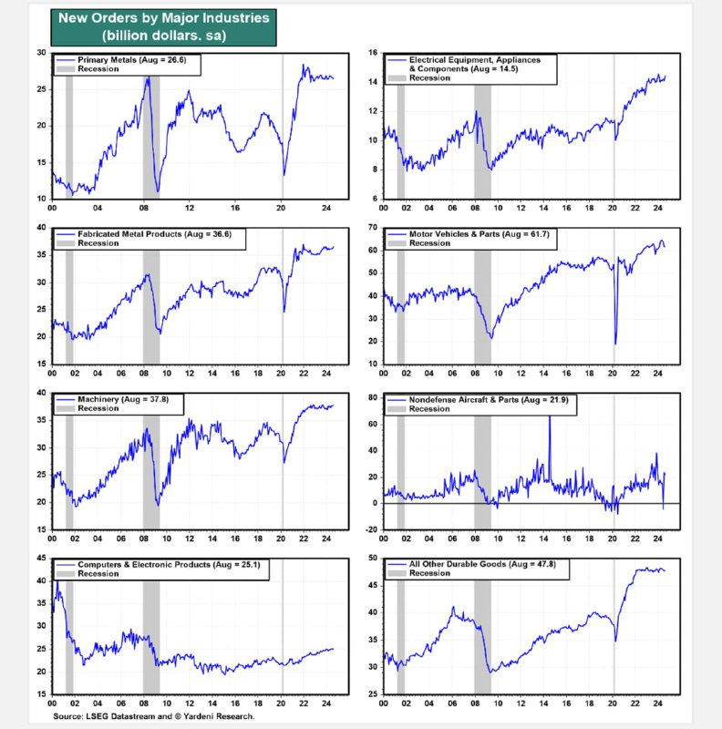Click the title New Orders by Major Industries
click(x=164, y=17)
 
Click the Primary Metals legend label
click(x=131, y=60)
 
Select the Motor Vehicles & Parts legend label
click(x=479, y=234)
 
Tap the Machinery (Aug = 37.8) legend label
click(x=123, y=399)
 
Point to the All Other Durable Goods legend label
click(x=482, y=564)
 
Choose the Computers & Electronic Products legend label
click(x=169, y=565)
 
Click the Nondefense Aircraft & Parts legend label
click(x=489, y=400)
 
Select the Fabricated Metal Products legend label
click(x=154, y=234)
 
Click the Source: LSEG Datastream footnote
click(x=153, y=716)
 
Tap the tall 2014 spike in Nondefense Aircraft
click(x=550, y=416)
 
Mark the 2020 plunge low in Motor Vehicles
click(x=615, y=344)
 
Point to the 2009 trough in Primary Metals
click(x=158, y=190)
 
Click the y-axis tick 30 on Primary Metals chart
click(x=41, y=53)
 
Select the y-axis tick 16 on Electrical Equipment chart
click(x=373, y=53)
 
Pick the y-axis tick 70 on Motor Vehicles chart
click(x=373, y=228)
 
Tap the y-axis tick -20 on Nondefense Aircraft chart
click(x=371, y=529)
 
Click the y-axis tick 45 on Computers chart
click(x=41, y=559)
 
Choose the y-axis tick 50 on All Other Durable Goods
click(x=373, y=558)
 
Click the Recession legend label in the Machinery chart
click(x=98, y=408)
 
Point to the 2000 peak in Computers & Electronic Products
click(x=57, y=581)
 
